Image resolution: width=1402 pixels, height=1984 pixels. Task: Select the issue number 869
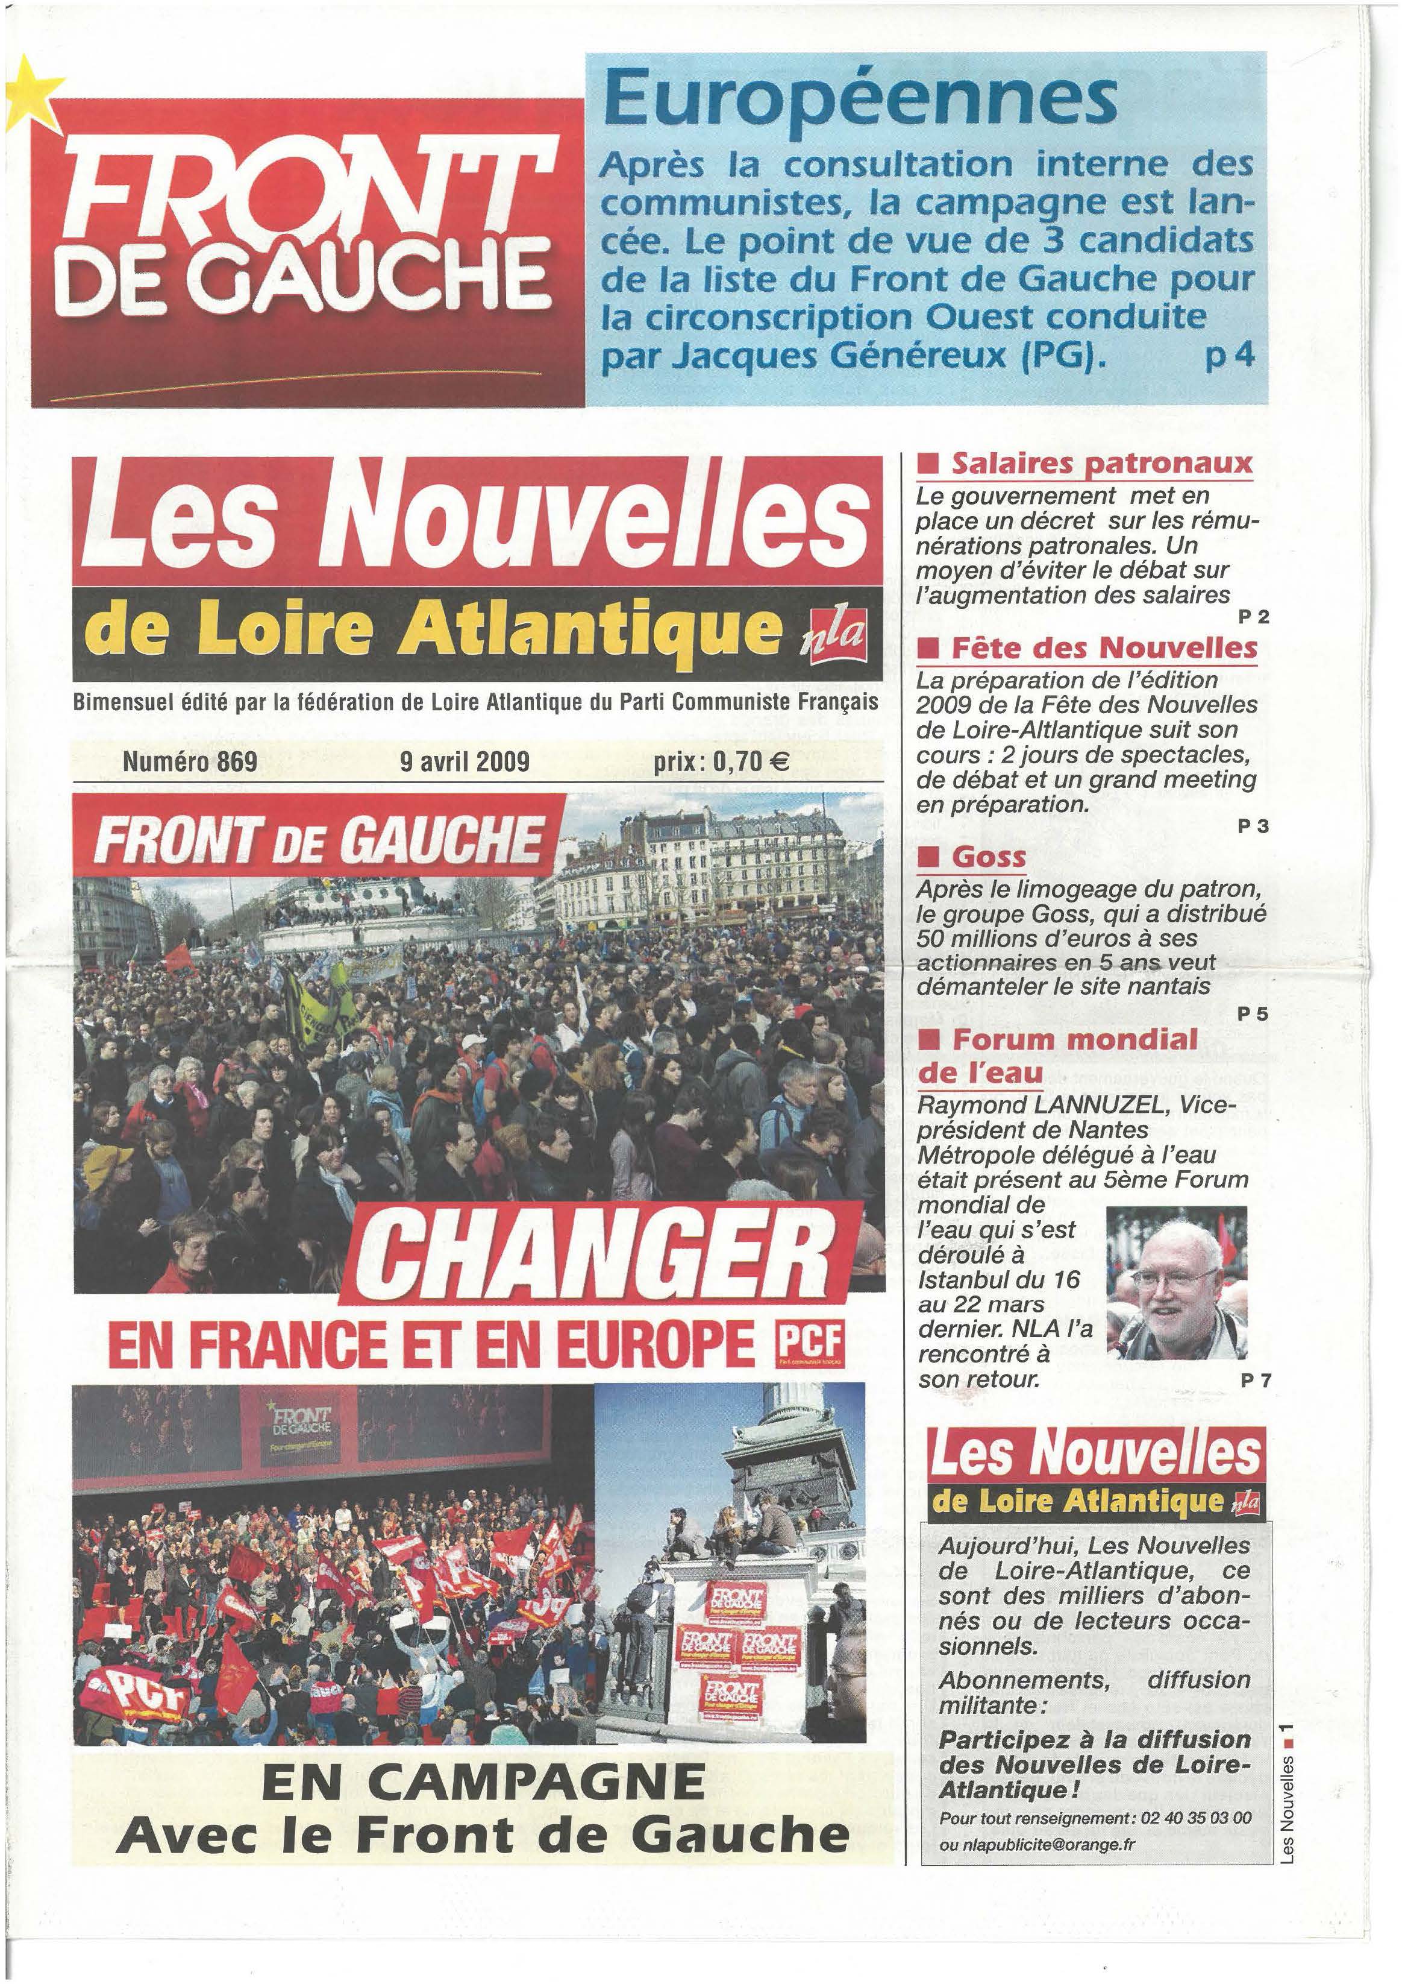(236, 761)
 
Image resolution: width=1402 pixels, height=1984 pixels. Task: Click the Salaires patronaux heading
(1101, 464)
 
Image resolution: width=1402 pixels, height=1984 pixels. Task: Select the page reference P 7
(1255, 1381)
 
